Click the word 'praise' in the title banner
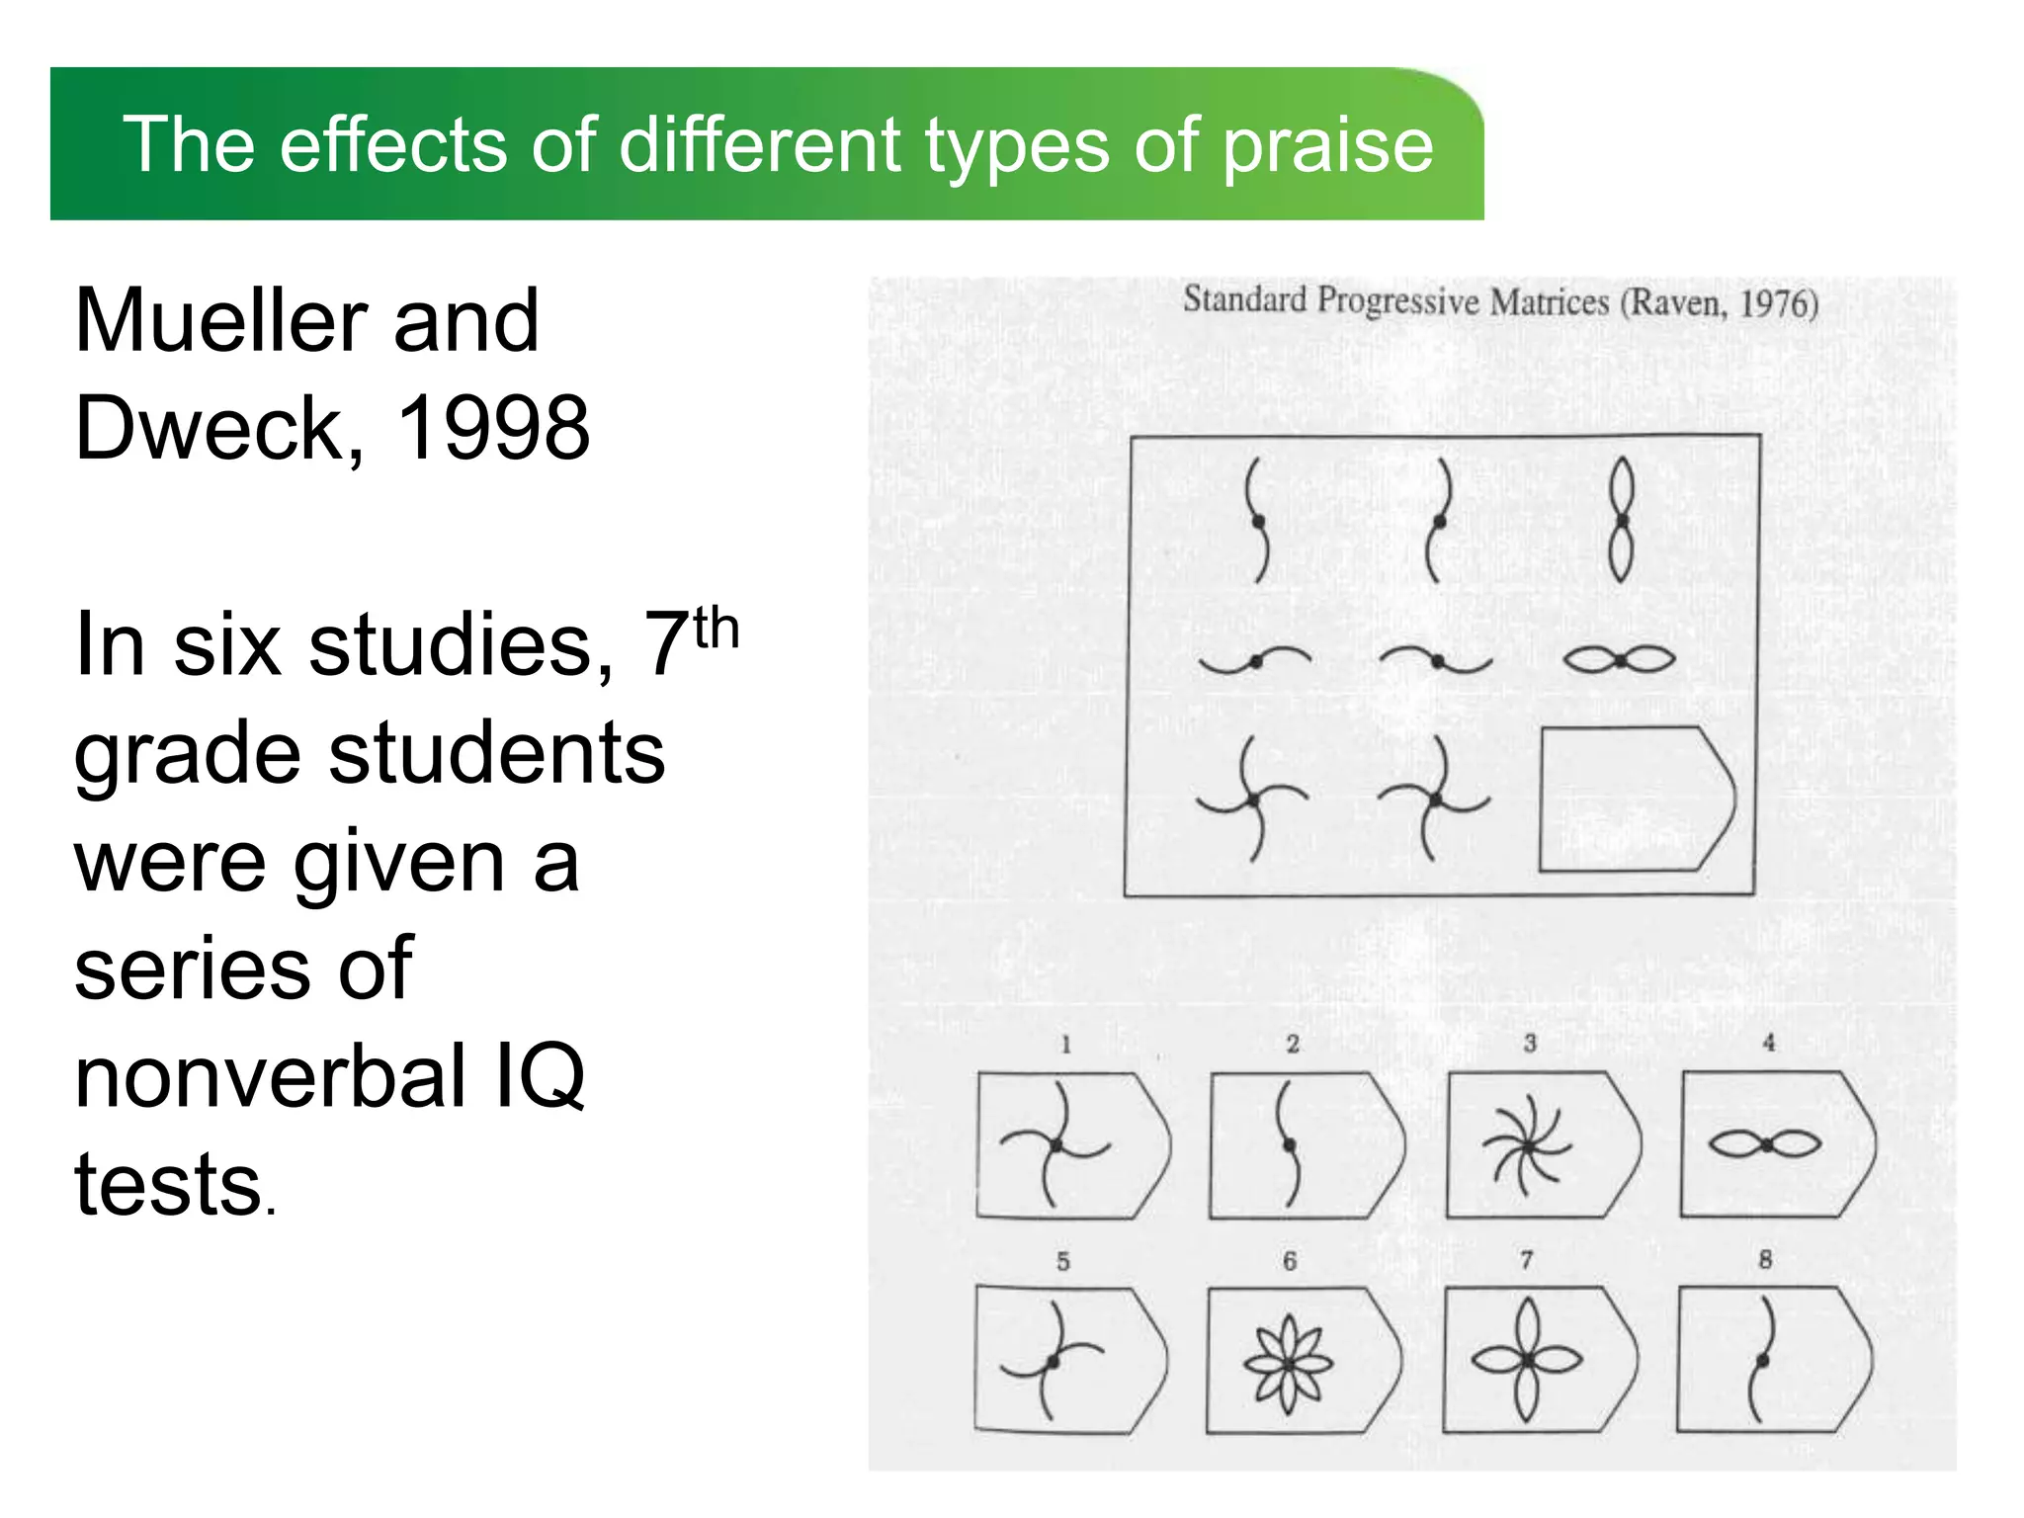point(1327,145)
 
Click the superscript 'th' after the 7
point(716,630)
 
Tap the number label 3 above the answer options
point(1530,1044)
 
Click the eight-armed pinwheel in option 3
point(1527,1146)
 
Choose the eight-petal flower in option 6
point(1289,1364)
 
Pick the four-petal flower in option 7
point(1528,1361)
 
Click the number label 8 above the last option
point(1765,1259)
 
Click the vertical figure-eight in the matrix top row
point(1621,520)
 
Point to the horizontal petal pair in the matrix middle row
point(1620,659)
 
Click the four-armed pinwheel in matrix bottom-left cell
point(1252,799)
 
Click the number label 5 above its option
point(1063,1261)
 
